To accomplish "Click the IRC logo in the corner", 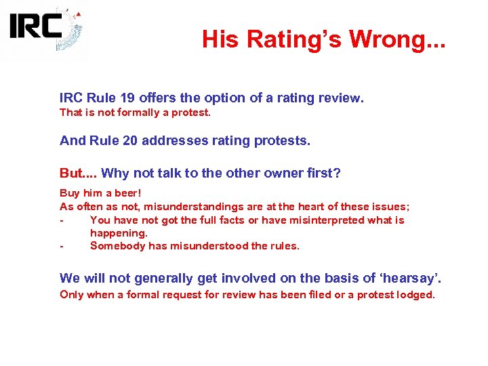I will pyautogui.click(x=45, y=30).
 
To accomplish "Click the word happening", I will pyautogui.click(x=118, y=232).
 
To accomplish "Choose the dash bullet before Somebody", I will pyautogui.click(x=62, y=246).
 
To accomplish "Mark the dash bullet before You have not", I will pyautogui.click(x=62, y=220).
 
